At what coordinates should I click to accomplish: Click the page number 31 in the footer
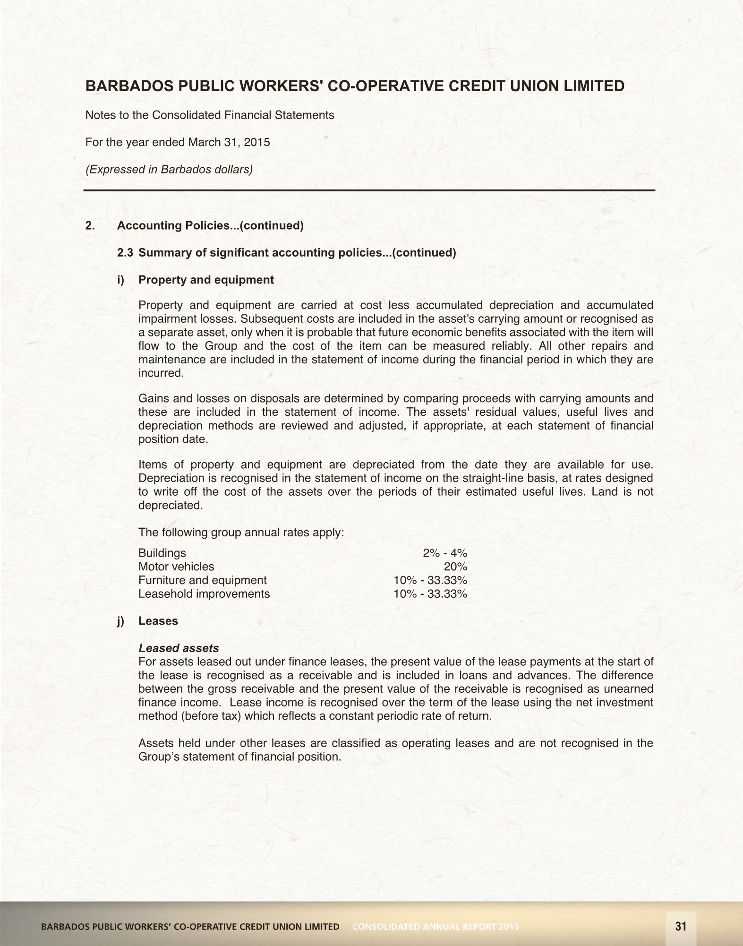(x=681, y=926)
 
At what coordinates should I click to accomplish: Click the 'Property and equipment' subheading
(x=206, y=280)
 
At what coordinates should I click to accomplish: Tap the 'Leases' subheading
(x=158, y=621)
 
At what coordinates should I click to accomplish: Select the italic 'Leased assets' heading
(x=179, y=648)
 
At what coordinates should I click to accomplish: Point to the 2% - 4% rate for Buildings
(x=445, y=553)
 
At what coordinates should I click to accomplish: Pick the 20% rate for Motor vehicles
(x=455, y=567)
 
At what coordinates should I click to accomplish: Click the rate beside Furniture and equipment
(x=430, y=580)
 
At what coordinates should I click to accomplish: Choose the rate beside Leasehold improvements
(x=430, y=594)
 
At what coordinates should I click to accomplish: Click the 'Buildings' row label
(x=162, y=553)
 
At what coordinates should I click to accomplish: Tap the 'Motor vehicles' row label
(x=176, y=567)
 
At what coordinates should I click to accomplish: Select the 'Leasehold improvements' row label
(x=204, y=594)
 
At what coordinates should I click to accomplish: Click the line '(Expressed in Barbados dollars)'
(x=169, y=169)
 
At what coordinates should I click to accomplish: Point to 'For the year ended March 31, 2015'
(x=178, y=142)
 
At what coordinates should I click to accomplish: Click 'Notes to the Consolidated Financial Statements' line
(x=210, y=115)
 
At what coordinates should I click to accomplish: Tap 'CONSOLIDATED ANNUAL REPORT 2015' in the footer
(x=436, y=927)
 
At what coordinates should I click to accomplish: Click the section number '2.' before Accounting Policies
(x=90, y=226)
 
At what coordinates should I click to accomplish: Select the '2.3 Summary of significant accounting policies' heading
(x=287, y=253)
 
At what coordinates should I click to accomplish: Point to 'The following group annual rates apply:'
(x=241, y=533)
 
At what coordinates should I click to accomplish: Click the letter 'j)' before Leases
(x=121, y=621)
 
